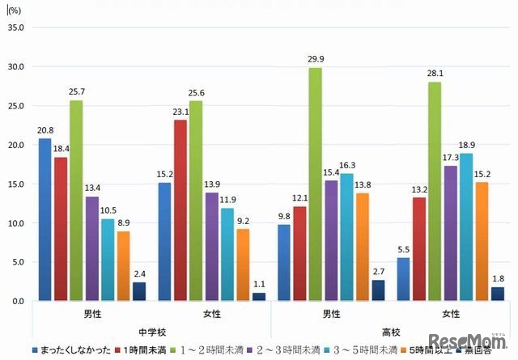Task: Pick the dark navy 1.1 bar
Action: point(258,297)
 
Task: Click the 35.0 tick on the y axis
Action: point(16,28)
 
